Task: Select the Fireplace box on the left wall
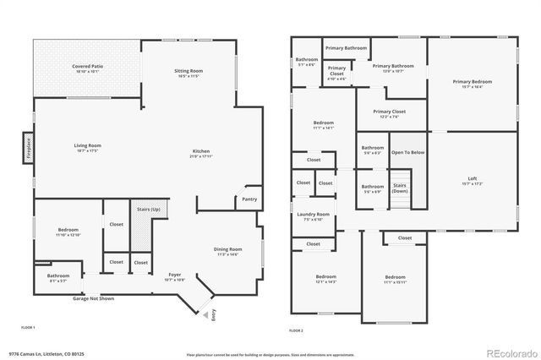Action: [x=28, y=149]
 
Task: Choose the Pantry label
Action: [x=249, y=199]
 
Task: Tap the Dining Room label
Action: [x=227, y=250]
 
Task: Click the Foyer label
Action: [x=175, y=275]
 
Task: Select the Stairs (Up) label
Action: [x=150, y=207]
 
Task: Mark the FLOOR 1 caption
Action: [x=28, y=327]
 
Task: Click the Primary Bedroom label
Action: [x=472, y=81]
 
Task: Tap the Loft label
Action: [x=473, y=179]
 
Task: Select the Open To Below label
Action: [x=407, y=152]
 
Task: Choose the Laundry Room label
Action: [x=313, y=215]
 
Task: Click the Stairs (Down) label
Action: [x=400, y=189]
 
